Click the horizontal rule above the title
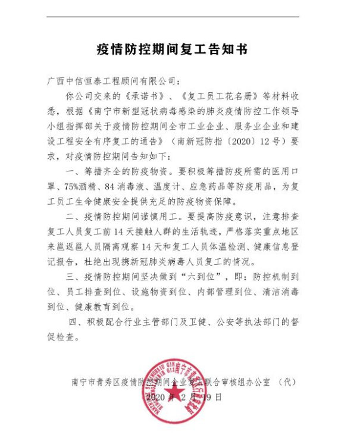tap(180, 17)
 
